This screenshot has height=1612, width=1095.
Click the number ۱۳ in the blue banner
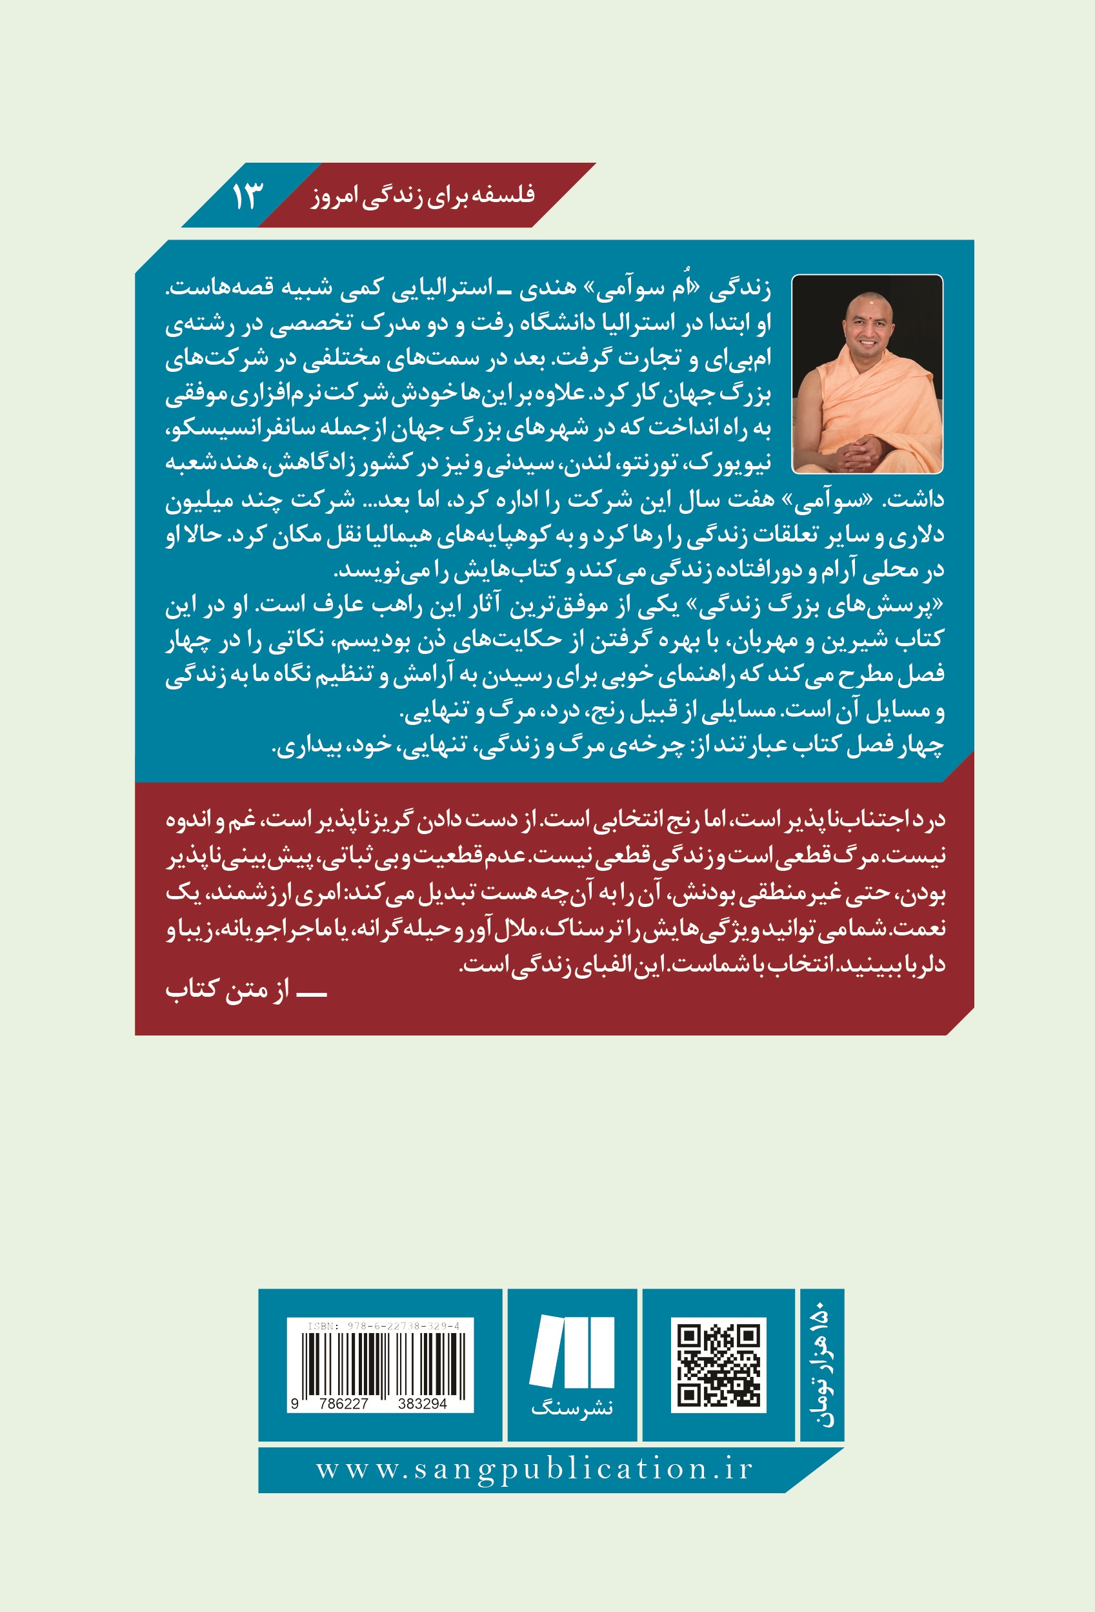pyautogui.click(x=247, y=196)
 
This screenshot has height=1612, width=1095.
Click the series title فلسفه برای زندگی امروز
pyautogui.click(x=423, y=195)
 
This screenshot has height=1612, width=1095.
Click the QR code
pyautogui.click(x=718, y=1365)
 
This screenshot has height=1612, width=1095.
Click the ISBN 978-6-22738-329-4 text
pyautogui.click(x=383, y=1326)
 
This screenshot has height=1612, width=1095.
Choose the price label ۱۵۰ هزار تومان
pyautogui.click(x=823, y=1365)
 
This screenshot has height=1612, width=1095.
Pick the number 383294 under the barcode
pyautogui.click(x=423, y=1404)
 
